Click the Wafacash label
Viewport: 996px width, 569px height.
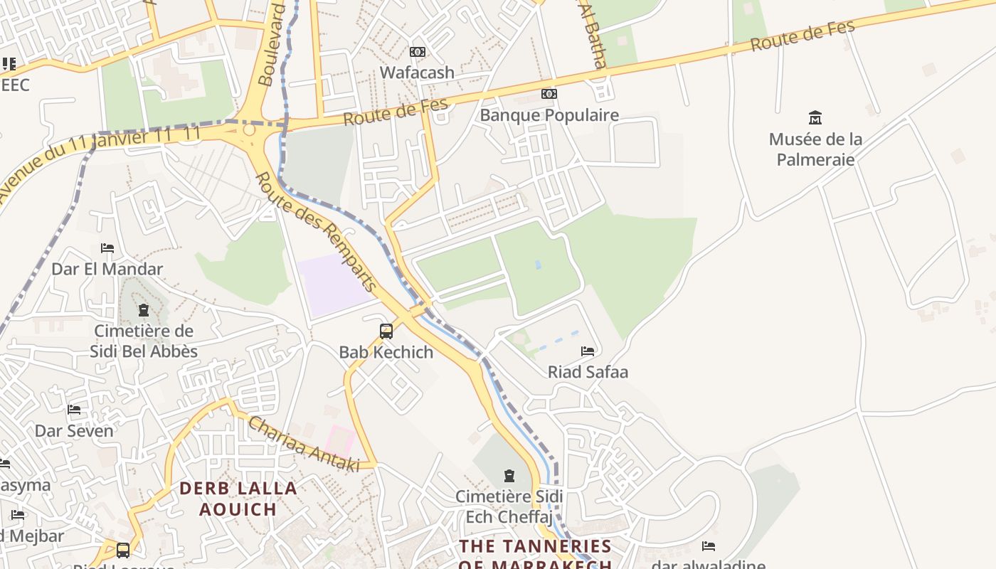[417, 72]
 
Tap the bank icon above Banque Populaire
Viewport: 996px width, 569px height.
[549, 94]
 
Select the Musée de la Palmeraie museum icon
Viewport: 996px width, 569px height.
[815, 117]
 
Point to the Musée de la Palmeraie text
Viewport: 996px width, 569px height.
[815, 149]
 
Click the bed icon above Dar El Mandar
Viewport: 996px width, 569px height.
[107, 248]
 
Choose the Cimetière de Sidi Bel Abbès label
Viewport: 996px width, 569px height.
[144, 341]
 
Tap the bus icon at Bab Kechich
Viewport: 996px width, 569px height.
[386, 331]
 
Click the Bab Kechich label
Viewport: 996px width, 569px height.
[386, 352]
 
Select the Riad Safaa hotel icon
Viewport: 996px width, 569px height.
[588, 351]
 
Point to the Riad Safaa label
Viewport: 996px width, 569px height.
[588, 372]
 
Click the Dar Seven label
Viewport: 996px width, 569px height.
[74, 431]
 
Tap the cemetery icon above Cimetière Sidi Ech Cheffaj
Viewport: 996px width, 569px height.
[509, 476]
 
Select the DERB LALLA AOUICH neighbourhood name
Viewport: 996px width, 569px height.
[238, 499]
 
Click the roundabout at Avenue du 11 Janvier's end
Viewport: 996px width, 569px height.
[249, 130]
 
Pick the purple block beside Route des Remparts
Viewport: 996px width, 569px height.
[333, 284]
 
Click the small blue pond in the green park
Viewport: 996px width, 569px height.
[538, 265]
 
